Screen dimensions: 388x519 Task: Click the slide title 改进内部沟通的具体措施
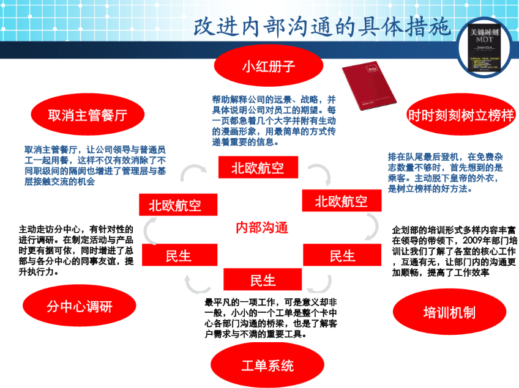point(322,26)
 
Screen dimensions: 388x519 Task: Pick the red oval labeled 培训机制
point(449,313)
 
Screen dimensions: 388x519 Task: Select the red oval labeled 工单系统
point(267,365)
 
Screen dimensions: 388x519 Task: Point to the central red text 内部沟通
point(262,228)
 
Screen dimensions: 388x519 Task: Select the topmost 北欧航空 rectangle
point(258,168)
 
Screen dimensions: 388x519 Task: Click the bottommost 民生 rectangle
point(263,280)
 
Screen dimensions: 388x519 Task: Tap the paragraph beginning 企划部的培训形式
point(454,251)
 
